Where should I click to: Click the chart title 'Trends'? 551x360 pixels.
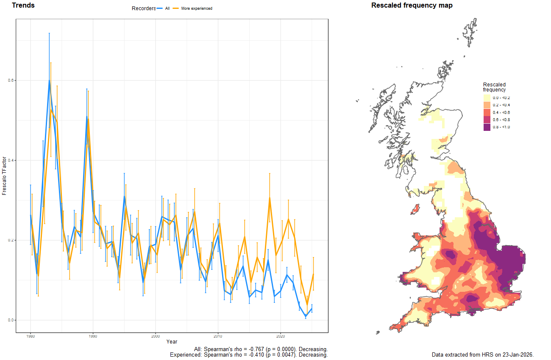point(23,6)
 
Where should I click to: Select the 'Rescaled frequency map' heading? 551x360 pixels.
point(412,6)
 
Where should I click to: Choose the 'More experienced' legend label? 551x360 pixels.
point(196,8)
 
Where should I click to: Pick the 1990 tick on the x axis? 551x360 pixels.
point(93,336)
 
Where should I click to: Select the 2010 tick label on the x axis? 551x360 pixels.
point(218,336)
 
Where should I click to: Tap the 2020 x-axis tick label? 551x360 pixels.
point(281,336)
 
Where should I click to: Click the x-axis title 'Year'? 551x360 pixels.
point(172,342)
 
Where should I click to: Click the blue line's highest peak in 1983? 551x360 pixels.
point(49,80)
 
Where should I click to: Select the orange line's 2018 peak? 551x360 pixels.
point(269,198)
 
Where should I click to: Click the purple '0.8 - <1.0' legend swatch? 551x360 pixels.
point(487,127)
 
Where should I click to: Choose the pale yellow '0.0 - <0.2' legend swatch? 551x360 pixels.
point(487,98)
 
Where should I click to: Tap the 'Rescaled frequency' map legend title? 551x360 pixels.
point(494,87)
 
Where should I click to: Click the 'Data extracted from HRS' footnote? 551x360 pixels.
point(482,354)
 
